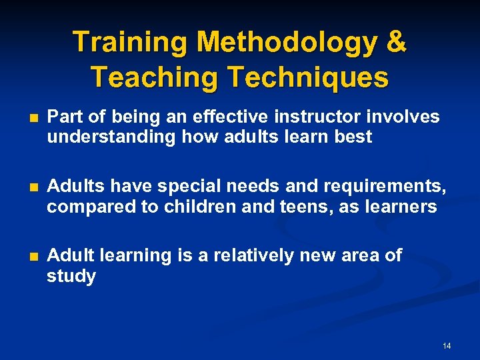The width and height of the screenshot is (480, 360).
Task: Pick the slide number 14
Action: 446,346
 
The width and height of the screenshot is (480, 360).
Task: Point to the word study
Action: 71,277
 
